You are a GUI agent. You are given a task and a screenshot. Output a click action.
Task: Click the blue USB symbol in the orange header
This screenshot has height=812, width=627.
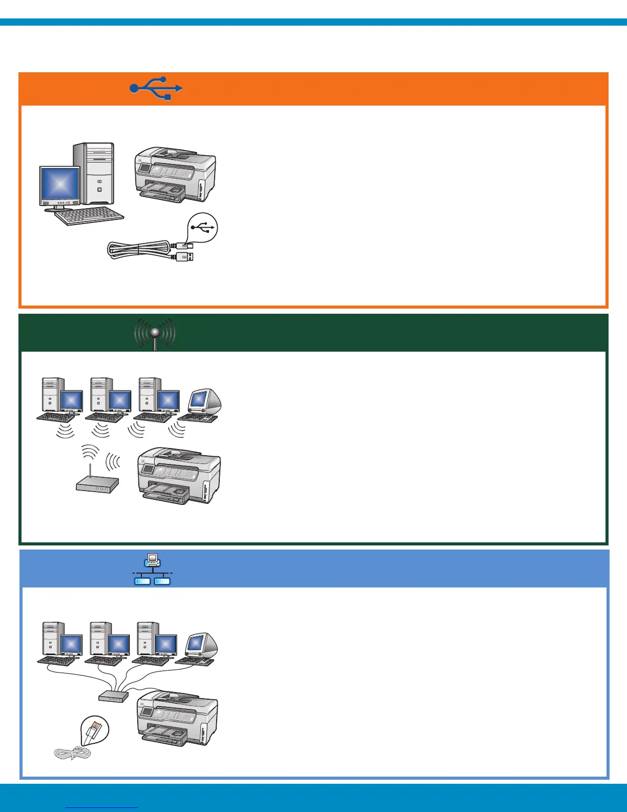pos(156,89)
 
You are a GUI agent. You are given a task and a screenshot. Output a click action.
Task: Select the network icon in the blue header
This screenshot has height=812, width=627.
pos(152,570)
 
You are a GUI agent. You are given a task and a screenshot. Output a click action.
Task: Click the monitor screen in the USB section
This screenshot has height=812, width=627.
pos(60,184)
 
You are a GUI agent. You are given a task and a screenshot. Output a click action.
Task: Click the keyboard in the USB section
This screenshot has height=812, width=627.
pos(89,217)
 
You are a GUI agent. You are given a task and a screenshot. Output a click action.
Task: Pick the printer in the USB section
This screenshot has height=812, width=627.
pos(175,174)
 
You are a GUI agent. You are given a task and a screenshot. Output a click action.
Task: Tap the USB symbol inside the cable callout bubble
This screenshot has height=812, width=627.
pos(203,228)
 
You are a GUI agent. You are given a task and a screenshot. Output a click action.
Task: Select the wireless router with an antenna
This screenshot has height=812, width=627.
pos(97,483)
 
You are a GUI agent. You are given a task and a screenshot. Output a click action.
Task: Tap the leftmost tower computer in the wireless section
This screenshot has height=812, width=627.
pos(53,395)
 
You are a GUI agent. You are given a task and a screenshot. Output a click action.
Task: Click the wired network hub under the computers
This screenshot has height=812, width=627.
pos(113,696)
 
